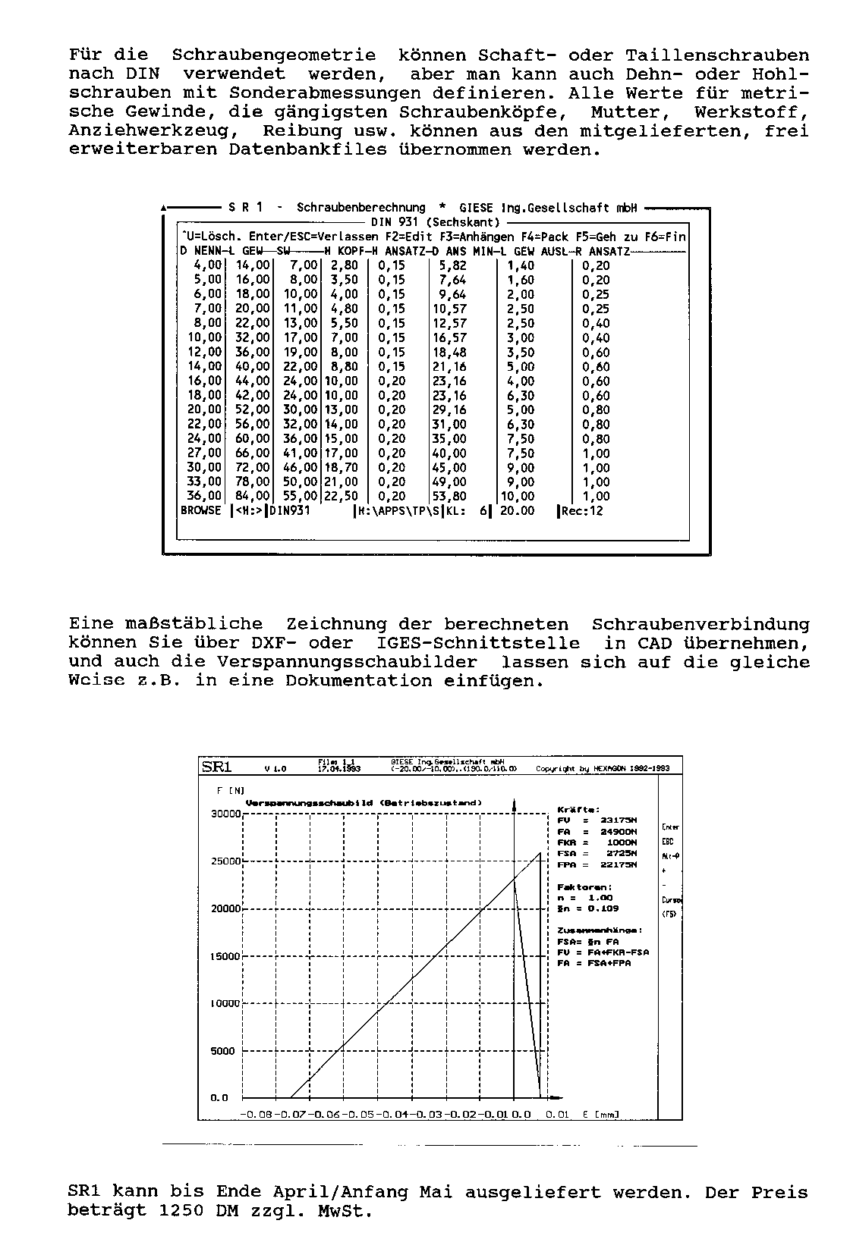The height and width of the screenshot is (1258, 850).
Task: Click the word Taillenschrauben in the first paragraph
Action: click(x=717, y=55)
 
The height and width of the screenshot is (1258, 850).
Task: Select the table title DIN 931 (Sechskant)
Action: click(x=436, y=222)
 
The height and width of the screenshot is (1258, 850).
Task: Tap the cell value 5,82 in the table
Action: click(x=452, y=265)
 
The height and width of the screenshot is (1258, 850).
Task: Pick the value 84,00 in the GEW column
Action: click(x=253, y=497)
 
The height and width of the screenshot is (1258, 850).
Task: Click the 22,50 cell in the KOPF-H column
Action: click(x=341, y=497)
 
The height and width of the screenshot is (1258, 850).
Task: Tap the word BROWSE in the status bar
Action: click(x=201, y=511)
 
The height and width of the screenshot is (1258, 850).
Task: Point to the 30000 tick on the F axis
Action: click(x=225, y=814)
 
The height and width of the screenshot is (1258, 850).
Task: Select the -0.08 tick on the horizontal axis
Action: click(x=255, y=1114)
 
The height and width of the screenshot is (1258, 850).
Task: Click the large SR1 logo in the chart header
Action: click(x=216, y=766)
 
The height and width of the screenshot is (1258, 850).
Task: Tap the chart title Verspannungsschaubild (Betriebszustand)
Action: click(x=364, y=802)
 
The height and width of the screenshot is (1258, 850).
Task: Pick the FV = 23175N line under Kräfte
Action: click(x=597, y=820)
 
